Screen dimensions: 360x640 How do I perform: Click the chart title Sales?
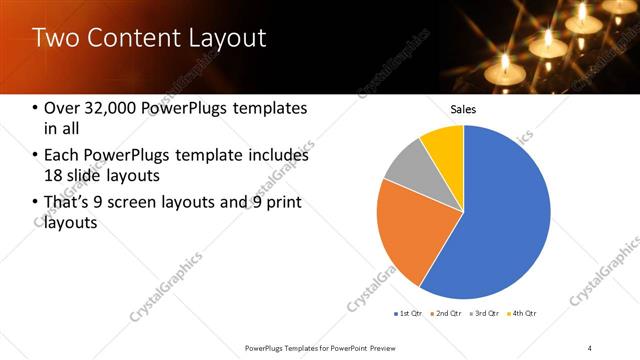coord(463,108)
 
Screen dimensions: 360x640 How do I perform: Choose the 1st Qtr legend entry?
coord(408,314)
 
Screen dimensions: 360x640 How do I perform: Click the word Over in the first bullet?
coord(61,108)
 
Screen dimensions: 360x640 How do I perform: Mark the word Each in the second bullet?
coord(62,155)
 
